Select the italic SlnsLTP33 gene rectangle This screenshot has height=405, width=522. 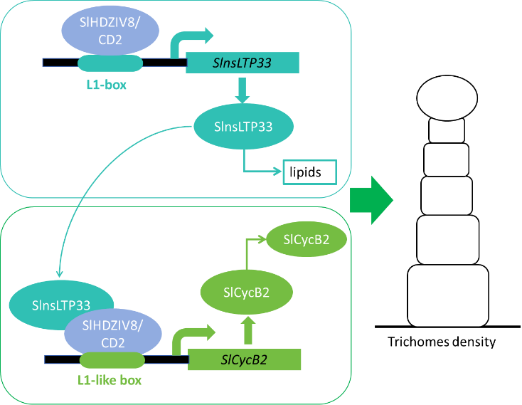[242, 63]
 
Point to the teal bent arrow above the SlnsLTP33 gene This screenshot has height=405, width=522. [191, 40]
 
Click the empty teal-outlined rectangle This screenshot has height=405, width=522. [310, 172]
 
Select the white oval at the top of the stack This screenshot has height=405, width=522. [445, 98]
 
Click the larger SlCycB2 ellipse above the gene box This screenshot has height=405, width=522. [247, 292]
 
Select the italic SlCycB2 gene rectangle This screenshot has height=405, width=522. [245, 359]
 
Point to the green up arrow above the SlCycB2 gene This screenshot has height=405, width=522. [247, 332]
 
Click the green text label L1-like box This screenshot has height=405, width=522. [110, 380]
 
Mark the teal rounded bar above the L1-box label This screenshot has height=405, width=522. [110, 63]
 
